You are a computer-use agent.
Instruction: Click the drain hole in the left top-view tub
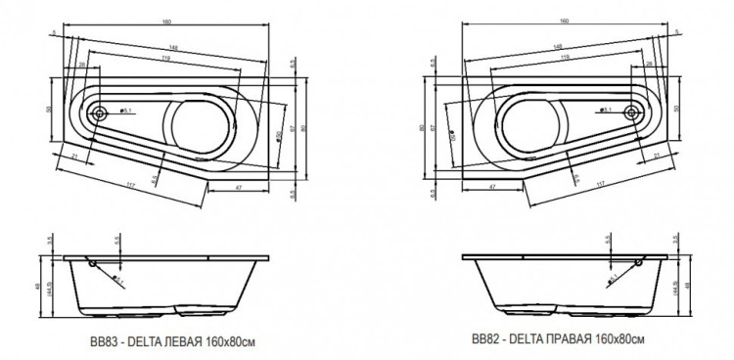tap(100, 112)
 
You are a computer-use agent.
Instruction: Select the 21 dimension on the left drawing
tap(74, 157)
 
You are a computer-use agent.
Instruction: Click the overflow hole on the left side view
tap(92, 263)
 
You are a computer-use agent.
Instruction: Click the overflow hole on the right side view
tap(641, 263)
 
